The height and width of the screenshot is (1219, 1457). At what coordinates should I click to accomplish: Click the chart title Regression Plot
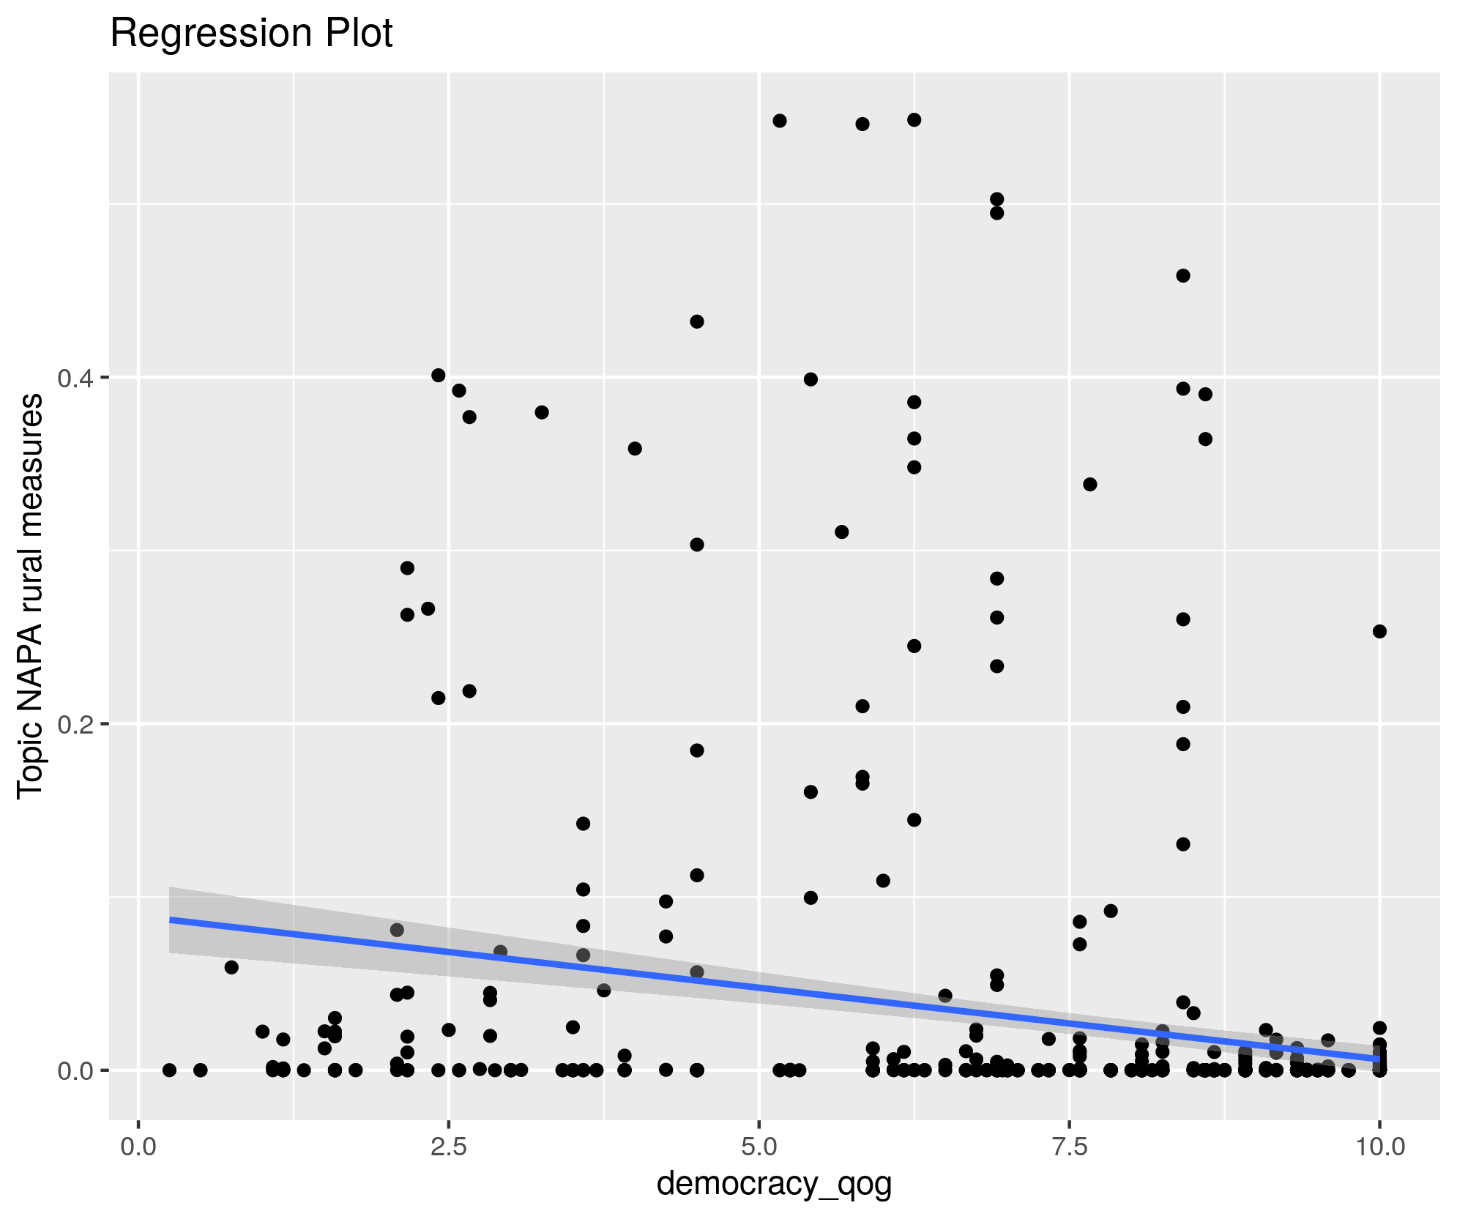(251, 34)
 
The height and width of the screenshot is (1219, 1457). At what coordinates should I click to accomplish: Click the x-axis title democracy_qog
(774, 1184)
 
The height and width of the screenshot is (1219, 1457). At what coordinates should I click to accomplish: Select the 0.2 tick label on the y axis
(73, 724)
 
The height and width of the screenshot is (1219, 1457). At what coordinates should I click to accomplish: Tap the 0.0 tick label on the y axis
(73, 1070)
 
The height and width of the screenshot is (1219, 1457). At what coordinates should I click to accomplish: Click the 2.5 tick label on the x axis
(449, 1147)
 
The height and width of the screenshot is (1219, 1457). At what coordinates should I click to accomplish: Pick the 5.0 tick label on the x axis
(759, 1147)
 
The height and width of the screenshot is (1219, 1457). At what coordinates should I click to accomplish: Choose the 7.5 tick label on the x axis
(1070, 1147)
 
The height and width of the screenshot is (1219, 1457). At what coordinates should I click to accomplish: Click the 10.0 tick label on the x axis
(1379, 1147)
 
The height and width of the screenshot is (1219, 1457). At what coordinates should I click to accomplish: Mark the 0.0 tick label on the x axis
(138, 1147)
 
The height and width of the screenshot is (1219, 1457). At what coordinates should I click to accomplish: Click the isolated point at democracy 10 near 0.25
(1379, 631)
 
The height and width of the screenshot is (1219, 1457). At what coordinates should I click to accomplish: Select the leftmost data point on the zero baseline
(169, 1070)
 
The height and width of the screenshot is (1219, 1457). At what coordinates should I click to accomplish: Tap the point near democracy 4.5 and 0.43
(697, 321)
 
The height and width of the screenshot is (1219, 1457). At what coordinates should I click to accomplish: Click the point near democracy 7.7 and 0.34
(1090, 484)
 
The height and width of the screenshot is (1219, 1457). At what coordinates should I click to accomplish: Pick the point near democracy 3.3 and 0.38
(542, 412)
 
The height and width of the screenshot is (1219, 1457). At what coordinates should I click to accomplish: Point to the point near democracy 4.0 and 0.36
(635, 448)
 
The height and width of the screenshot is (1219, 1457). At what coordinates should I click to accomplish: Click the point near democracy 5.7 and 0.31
(842, 532)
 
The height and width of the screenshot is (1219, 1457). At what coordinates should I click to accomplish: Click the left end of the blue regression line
(171, 920)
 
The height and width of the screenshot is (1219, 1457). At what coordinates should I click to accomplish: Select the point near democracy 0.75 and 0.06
(231, 967)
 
